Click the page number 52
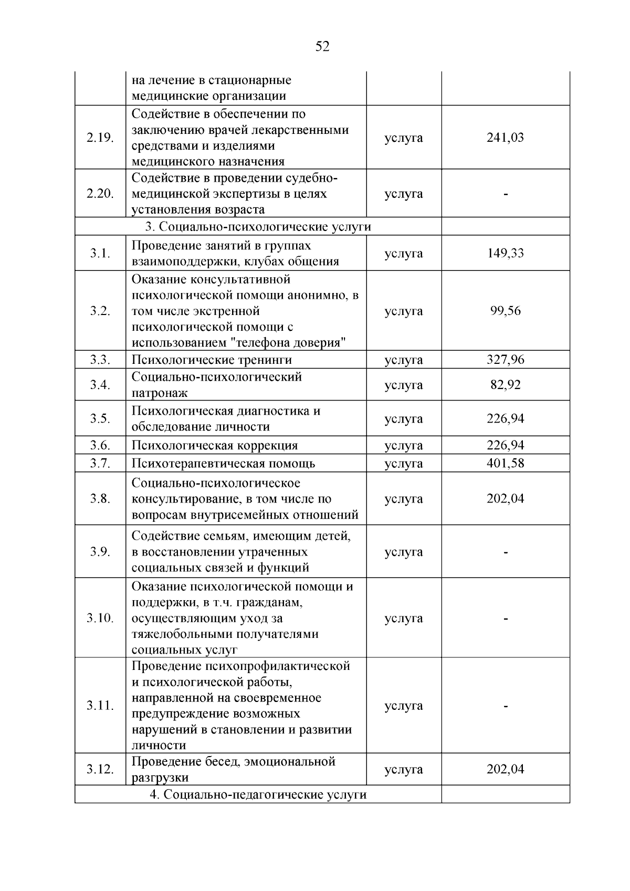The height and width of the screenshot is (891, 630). pos(322,47)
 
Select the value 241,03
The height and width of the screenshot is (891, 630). pos(505,138)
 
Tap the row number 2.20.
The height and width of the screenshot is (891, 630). pos(100,193)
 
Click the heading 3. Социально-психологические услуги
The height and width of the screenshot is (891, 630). pos(258,227)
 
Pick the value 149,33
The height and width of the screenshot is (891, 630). pos(505,253)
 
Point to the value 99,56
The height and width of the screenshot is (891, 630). pos(505,310)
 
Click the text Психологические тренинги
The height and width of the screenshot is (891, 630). pos(212,360)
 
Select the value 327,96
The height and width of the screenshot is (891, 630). pos(505,360)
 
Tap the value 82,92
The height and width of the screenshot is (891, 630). pos(505,385)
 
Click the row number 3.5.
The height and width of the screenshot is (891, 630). pos(100,418)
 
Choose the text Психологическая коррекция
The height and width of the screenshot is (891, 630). pos(214,445)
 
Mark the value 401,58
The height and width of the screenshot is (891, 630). pos(505,463)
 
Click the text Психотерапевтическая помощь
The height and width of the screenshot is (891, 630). pos(223,463)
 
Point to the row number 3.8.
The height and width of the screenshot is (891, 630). pos(100,498)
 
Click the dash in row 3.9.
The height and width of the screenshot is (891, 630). pos(505,552)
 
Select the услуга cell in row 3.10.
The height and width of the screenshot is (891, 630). pos(403,618)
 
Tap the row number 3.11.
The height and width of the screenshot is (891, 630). pos(100,705)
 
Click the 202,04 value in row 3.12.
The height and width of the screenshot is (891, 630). pos(505,769)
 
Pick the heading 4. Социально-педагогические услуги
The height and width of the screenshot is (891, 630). pos(258,794)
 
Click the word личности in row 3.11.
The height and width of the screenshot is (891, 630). pos(159,745)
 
